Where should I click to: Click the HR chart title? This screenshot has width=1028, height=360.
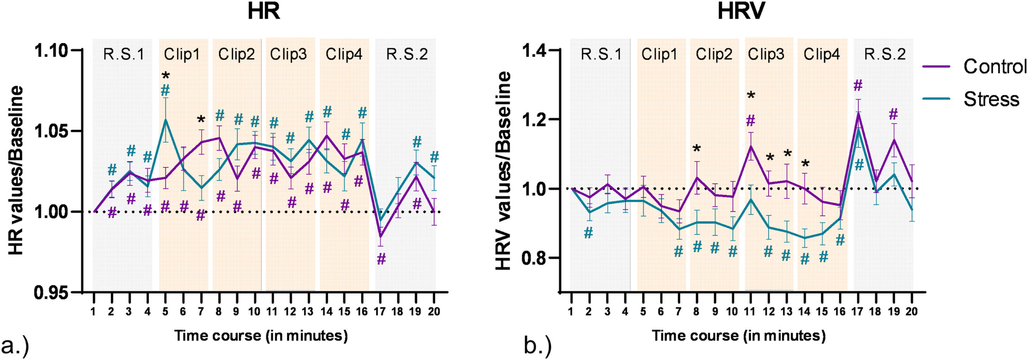coord(263,12)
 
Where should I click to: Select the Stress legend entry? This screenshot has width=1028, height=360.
coord(991,99)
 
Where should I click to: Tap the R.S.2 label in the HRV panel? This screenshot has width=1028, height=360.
coord(884,54)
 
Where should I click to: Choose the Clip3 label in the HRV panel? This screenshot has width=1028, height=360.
coord(766,54)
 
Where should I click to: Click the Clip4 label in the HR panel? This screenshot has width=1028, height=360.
coord(344,54)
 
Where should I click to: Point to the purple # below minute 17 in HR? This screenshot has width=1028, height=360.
coord(381,260)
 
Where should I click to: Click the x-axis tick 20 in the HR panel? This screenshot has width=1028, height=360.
coord(433,311)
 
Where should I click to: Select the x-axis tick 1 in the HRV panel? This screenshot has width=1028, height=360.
coord(571,311)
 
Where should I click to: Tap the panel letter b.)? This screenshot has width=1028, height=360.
coord(537,346)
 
